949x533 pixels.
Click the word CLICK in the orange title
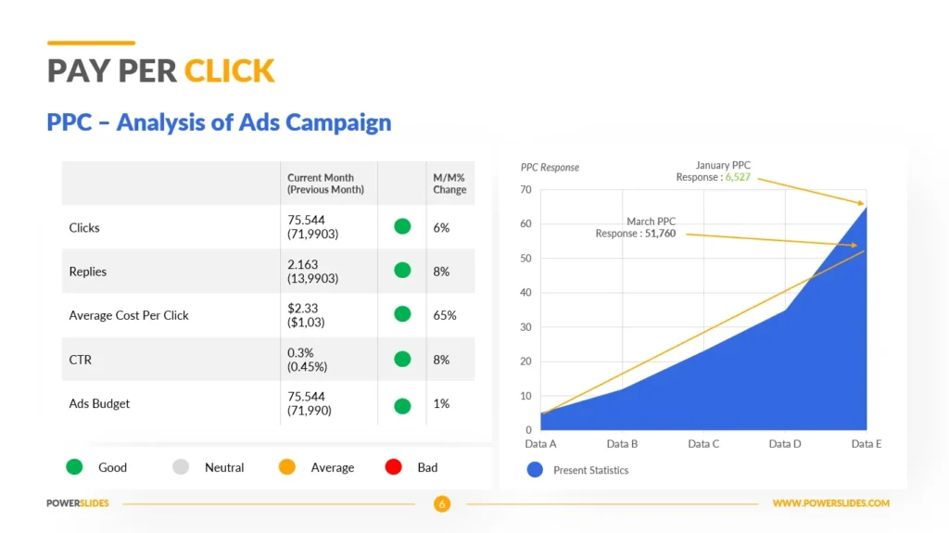(230, 70)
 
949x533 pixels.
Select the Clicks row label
(84, 228)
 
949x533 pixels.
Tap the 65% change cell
(444, 315)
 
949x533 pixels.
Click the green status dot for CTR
(402, 359)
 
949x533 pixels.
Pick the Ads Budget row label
(99, 403)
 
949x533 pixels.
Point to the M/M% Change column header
(449, 184)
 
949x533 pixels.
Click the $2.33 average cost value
(303, 309)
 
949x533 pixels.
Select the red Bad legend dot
(393, 467)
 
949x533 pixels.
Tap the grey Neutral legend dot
(181, 467)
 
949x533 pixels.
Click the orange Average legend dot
(287, 467)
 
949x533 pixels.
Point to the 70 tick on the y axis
(525, 190)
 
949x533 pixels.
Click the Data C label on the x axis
(703, 444)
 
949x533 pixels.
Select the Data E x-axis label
(867, 444)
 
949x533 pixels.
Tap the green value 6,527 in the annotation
(738, 177)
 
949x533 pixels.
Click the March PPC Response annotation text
(636, 227)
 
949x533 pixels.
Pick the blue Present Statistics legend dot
(535, 469)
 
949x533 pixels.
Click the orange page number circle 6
(442, 503)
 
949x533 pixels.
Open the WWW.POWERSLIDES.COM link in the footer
(831, 503)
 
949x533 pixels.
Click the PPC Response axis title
(550, 167)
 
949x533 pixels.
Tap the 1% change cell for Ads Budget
(441, 403)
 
